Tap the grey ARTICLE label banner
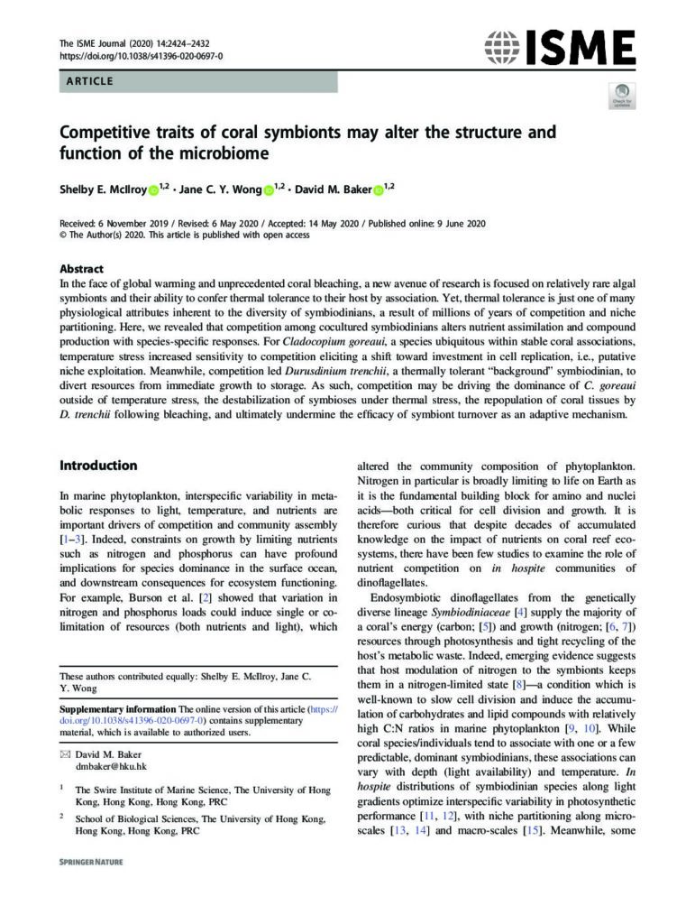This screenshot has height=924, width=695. click(198, 82)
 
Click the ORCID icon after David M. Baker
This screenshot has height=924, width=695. click(378, 189)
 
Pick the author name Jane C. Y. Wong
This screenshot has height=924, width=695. click(220, 189)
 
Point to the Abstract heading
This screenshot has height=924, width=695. click(81, 269)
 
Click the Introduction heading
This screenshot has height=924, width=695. click(98, 466)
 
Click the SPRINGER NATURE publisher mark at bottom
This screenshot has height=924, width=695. click(91, 862)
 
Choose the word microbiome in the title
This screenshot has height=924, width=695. click(224, 153)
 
